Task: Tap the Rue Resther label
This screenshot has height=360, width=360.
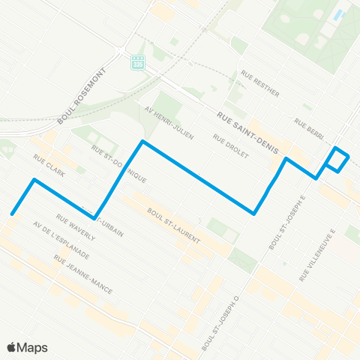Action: (x=260, y=84)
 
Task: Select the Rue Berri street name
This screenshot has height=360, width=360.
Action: (x=309, y=129)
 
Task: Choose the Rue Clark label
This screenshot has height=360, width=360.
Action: (x=49, y=166)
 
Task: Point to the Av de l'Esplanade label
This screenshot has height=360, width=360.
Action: (x=61, y=241)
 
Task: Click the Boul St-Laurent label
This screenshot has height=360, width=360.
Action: (x=174, y=224)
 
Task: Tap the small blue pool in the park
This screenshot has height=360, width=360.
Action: (x=339, y=14)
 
